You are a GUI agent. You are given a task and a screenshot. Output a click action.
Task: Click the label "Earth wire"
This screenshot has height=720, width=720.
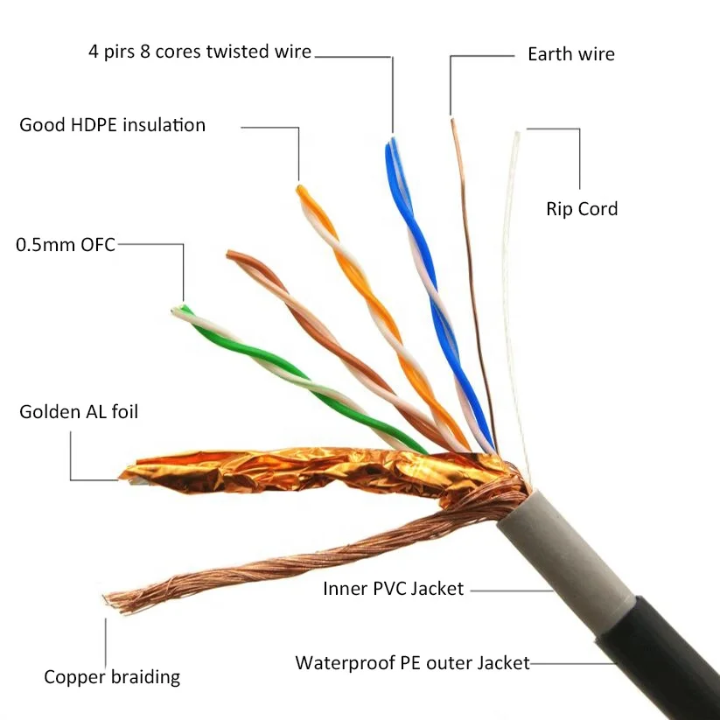point(570,54)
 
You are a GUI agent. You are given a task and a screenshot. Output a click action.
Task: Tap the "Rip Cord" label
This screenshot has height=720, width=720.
point(582,209)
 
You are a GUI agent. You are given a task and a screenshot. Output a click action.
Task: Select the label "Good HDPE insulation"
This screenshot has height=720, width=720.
point(112,125)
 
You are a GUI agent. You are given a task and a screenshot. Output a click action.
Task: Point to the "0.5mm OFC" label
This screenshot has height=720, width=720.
point(66,244)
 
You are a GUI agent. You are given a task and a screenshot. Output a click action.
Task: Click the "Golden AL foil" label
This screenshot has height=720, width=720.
point(79,411)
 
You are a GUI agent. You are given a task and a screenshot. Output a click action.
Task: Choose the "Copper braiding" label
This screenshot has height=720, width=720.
point(112,676)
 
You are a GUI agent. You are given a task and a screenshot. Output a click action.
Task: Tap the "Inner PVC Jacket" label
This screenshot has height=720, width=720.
point(393,589)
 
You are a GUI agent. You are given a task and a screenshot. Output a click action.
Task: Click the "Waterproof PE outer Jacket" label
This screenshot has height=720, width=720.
point(412,662)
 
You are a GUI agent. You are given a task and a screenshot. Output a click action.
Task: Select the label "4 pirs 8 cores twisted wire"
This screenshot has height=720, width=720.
point(199,52)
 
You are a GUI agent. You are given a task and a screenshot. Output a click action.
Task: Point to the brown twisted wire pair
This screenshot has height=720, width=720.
point(324,332)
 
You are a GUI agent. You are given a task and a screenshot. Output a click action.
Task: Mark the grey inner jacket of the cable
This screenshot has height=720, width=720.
point(569,551)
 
